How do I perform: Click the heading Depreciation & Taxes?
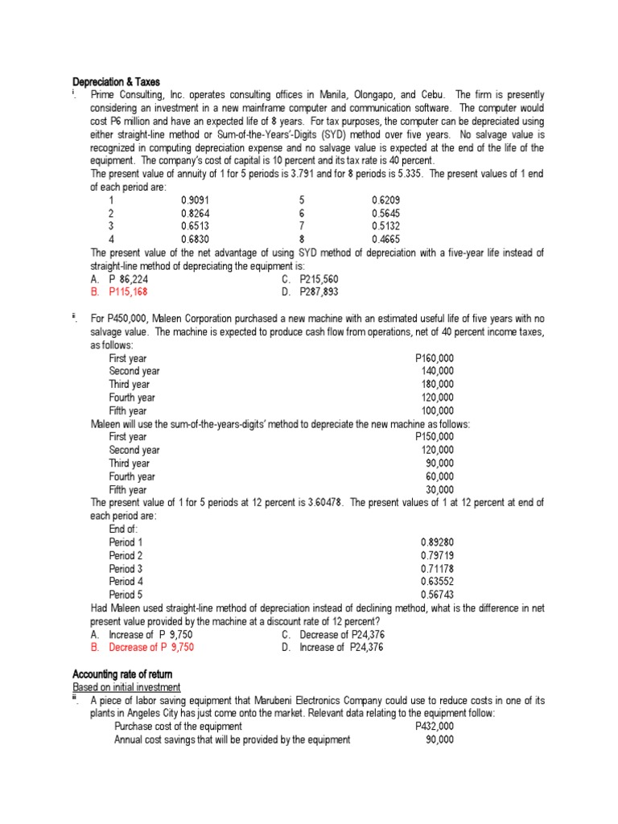(x=116, y=82)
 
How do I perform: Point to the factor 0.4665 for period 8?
(x=385, y=239)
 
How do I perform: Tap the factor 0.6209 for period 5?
(x=385, y=200)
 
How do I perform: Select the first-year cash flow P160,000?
(x=434, y=358)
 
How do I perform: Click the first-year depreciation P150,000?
(x=434, y=437)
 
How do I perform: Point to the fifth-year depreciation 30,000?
(x=439, y=489)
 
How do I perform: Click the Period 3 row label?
(x=126, y=568)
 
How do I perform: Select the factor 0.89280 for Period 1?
(x=437, y=542)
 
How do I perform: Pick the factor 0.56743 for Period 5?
(x=437, y=595)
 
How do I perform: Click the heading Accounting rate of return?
(x=122, y=674)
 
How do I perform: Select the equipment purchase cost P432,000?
(x=434, y=726)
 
